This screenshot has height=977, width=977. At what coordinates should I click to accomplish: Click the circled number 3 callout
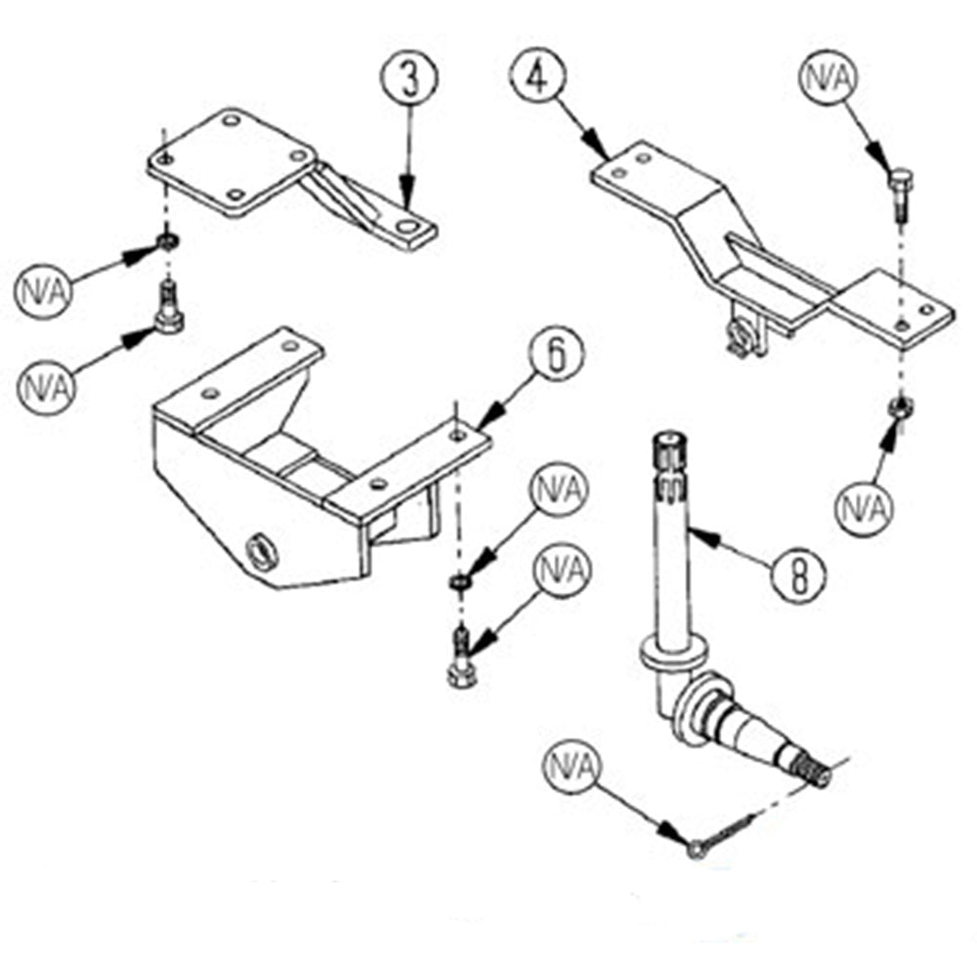click(x=409, y=77)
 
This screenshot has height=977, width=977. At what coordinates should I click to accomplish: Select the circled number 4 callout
click(x=538, y=77)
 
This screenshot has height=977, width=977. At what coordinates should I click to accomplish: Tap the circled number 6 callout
click(x=556, y=354)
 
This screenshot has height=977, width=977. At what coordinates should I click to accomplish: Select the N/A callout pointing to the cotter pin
click(x=573, y=768)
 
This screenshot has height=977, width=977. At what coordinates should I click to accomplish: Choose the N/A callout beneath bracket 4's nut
click(x=864, y=508)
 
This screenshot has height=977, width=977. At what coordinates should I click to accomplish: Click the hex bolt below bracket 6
click(x=461, y=663)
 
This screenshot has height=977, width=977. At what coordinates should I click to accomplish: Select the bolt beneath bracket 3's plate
click(x=168, y=308)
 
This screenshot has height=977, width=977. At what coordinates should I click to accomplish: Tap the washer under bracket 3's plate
click(x=167, y=240)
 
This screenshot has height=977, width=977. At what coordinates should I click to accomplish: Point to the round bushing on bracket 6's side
click(x=260, y=551)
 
